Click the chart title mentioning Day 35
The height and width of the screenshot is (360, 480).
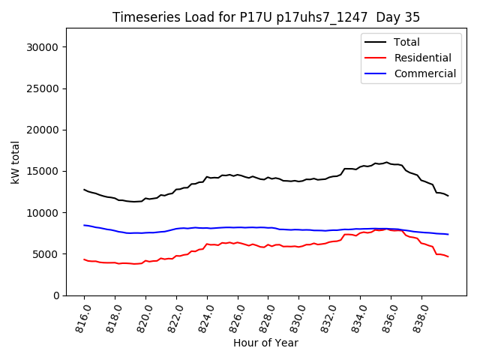pyautogui.click(x=266, y=16)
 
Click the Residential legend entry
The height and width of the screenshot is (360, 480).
pyautogui.click(x=422, y=58)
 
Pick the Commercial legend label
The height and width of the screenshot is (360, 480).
pyautogui.click(x=424, y=73)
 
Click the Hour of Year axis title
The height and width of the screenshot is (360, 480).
pyautogui.click(x=265, y=343)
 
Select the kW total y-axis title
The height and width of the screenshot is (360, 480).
pyautogui.click(x=15, y=162)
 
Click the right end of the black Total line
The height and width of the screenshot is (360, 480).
pyautogui.click(x=448, y=196)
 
